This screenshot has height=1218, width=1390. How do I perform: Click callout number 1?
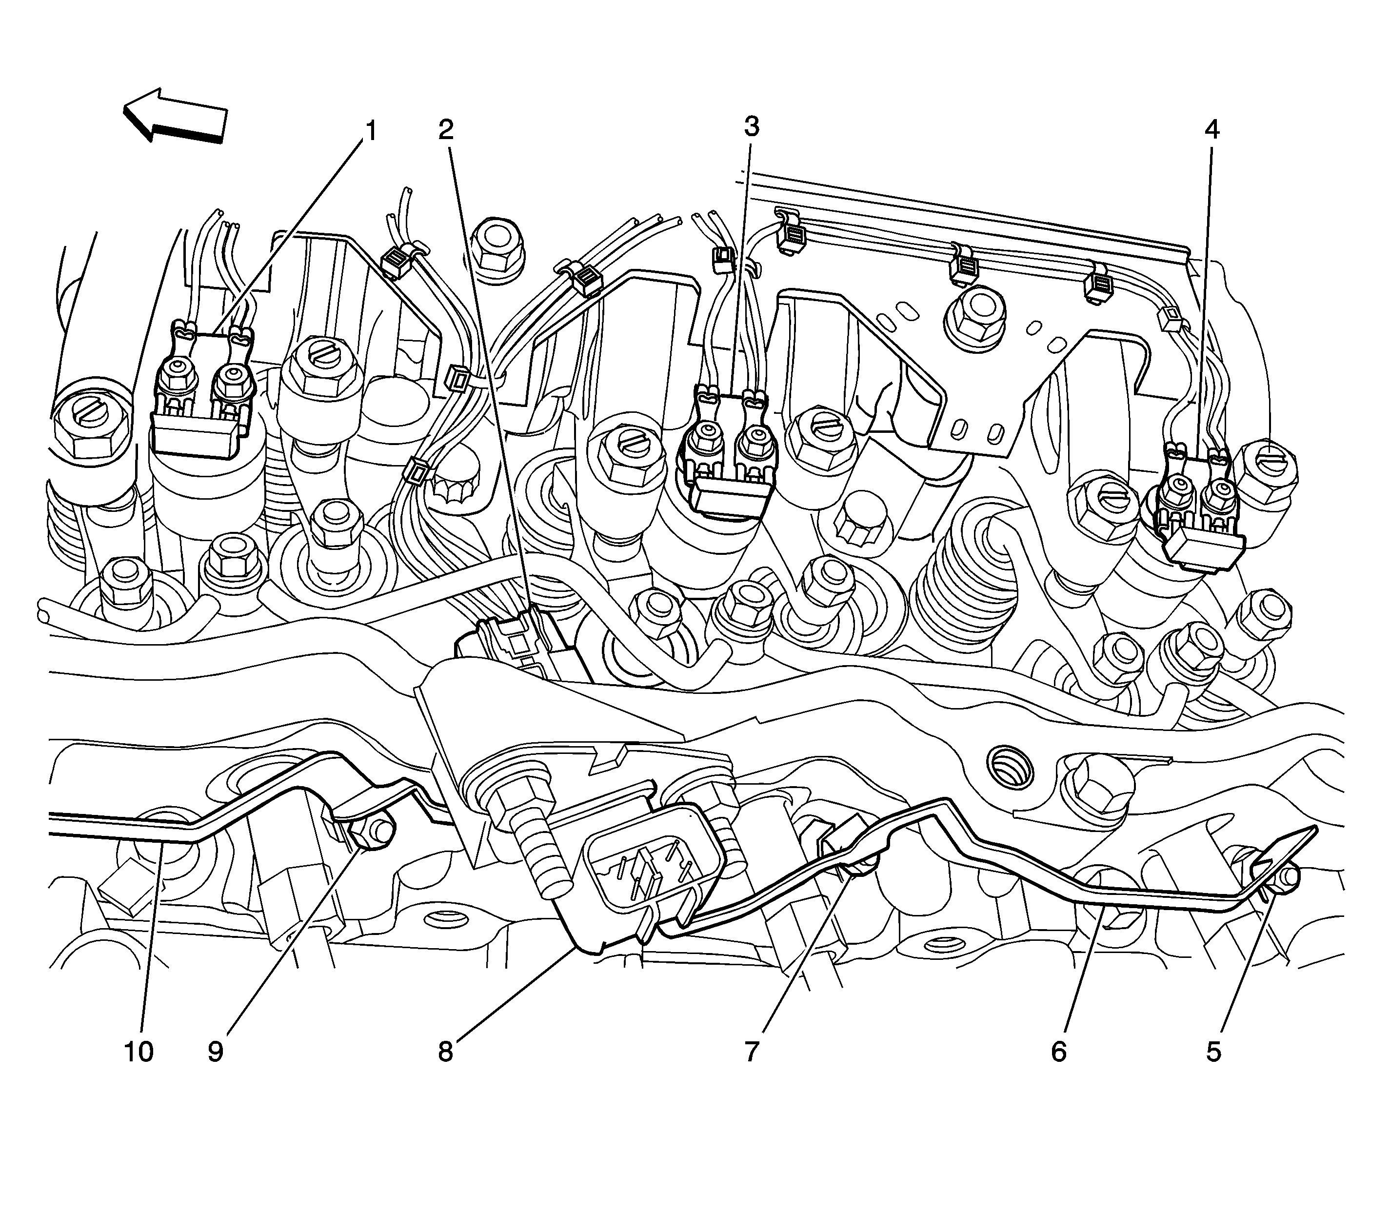point(371,130)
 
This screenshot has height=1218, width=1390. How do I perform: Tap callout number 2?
point(446,130)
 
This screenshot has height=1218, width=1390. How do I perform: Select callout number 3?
point(752,126)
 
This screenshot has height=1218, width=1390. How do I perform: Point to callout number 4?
point(1212,130)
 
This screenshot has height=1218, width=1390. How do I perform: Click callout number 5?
point(1213,1052)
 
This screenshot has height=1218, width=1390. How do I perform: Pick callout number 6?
point(1058,1052)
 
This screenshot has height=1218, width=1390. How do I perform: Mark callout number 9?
point(216,1052)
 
